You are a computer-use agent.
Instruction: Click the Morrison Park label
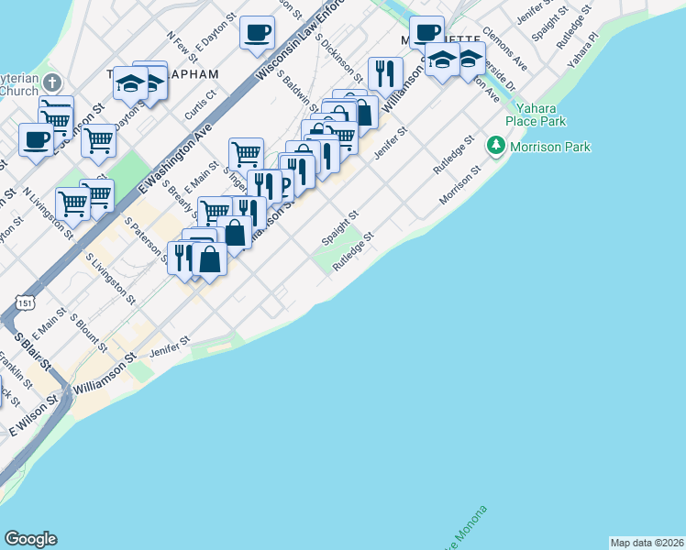click(x=550, y=147)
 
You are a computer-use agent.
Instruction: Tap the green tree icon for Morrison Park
click(x=496, y=146)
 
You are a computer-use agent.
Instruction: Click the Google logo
click(x=30, y=539)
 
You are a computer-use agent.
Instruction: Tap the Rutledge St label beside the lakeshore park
click(x=354, y=250)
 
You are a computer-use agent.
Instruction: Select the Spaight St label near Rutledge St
click(x=338, y=227)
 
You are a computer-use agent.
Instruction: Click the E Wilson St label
click(x=34, y=415)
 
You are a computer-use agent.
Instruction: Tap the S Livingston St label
click(x=110, y=279)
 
